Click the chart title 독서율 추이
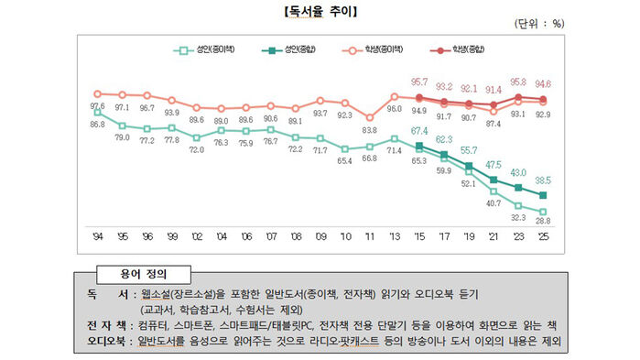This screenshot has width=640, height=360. [320, 12]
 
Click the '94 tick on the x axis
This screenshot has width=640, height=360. [98, 235]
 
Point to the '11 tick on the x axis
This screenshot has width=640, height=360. [369, 235]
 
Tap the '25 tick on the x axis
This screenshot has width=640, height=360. [542, 235]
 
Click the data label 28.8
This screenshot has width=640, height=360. [542, 223]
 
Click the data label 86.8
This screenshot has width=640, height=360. [98, 124]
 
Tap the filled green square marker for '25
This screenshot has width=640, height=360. [542, 195]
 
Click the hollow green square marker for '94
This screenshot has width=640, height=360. [98, 113]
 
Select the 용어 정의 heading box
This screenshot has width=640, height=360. [143, 272]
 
